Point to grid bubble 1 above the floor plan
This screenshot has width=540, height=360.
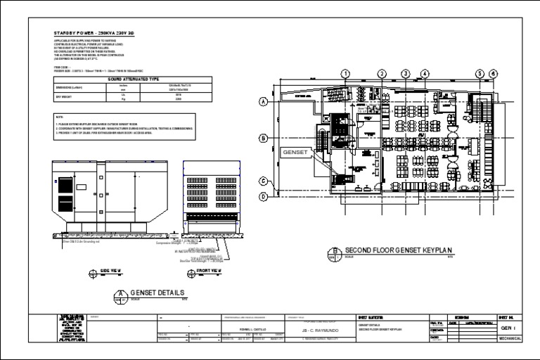345,73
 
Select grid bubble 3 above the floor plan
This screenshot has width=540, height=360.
406,73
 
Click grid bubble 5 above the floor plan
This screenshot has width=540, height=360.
480,73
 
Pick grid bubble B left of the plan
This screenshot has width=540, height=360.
264,138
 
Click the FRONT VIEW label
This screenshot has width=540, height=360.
209,270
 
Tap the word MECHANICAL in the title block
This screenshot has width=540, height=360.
509,338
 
